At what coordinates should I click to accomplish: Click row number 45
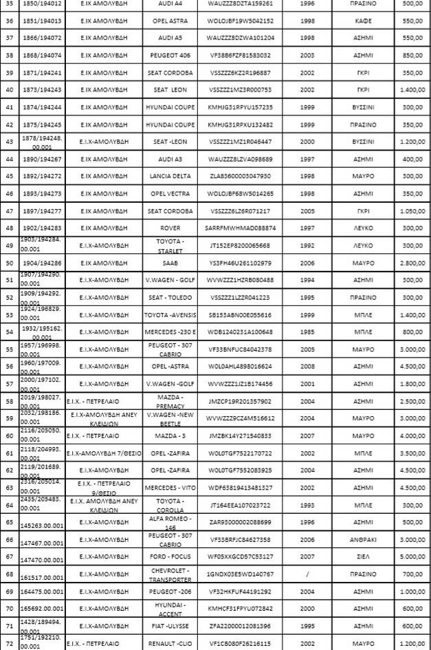coord(10,176)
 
